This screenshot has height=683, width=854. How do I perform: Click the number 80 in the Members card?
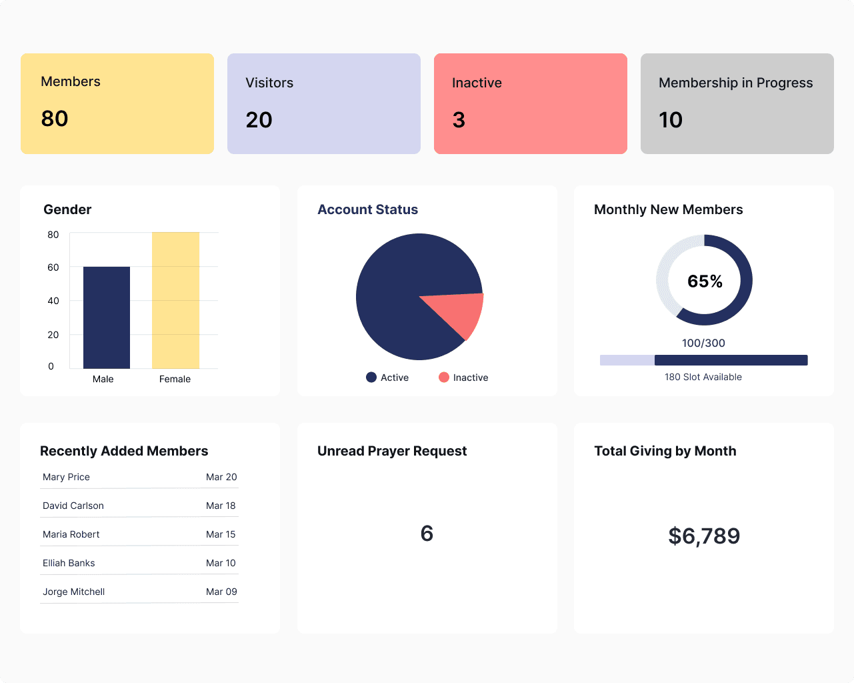pyautogui.click(x=55, y=119)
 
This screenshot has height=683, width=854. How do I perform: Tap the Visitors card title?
pyautogui.click(x=269, y=83)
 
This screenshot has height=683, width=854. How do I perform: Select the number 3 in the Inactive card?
pyautogui.click(x=459, y=120)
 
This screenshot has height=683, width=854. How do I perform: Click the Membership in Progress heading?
pyautogui.click(x=735, y=83)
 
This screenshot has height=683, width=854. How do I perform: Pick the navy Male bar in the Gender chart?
pyautogui.click(x=107, y=317)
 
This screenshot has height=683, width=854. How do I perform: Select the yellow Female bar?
pyautogui.click(x=175, y=300)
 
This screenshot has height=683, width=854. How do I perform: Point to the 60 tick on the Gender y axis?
pyautogui.click(x=53, y=267)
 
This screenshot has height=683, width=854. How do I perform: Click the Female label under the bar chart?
pyautogui.click(x=175, y=379)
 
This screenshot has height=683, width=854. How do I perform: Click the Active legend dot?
pyautogui.click(x=371, y=378)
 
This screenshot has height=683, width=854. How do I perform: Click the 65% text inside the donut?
pyautogui.click(x=705, y=281)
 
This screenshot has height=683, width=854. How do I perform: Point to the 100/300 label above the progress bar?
pyautogui.click(x=703, y=343)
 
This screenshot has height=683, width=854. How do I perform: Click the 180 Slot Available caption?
pyautogui.click(x=703, y=377)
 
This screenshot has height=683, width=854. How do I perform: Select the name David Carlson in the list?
pyautogui.click(x=73, y=506)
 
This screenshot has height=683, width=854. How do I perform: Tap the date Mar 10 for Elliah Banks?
pyautogui.click(x=221, y=563)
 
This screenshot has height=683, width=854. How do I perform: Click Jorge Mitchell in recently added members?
pyautogui.click(x=73, y=592)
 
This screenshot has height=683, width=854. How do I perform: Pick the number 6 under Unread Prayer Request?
pyautogui.click(x=427, y=534)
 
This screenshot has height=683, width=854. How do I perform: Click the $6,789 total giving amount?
pyautogui.click(x=704, y=536)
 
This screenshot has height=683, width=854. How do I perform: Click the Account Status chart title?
pyautogui.click(x=367, y=209)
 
